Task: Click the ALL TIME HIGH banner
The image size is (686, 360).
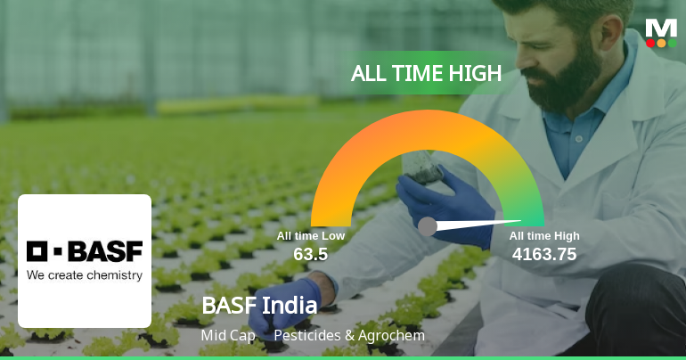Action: (427, 74)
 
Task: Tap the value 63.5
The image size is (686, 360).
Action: (311, 254)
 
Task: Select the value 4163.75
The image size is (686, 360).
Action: (544, 254)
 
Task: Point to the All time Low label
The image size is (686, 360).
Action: (311, 236)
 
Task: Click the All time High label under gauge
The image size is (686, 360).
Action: (544, 236)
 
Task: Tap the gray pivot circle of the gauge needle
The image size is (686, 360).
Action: (428, 226)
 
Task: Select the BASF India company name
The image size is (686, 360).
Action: (259, 306)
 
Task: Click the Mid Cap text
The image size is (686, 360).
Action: (229, 336)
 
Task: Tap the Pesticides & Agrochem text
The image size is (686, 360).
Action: (349, 336)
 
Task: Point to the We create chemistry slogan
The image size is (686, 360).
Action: (85, 275)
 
